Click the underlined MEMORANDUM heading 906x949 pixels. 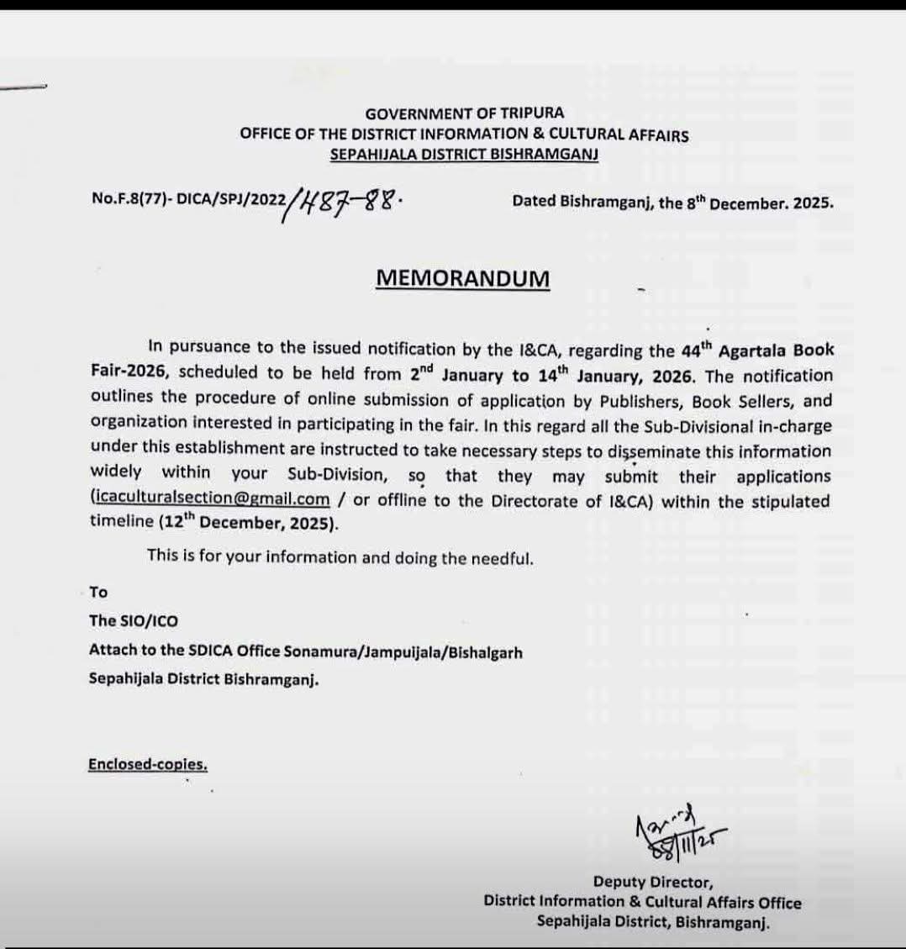click(462, 278)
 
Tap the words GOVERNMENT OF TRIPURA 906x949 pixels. click(464, 113)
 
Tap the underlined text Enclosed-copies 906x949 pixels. click(147, 764)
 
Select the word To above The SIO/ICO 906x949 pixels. click(98, 592)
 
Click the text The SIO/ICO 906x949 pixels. click(134, 621)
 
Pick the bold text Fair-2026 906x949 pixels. click(129, 372)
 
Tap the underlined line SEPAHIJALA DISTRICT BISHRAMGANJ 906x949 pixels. click(464, 155)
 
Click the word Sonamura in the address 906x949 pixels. click(320, 651)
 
